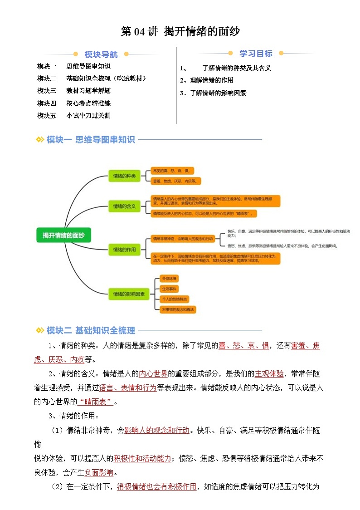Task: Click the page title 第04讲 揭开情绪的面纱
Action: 180,31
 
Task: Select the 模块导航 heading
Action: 101,54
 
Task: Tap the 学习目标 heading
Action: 256,54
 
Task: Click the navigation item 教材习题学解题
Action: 88,90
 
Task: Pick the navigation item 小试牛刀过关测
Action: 88,115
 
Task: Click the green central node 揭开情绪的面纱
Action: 64,235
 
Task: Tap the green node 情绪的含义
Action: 124,206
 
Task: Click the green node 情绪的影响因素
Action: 129,294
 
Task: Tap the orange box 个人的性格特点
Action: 174,299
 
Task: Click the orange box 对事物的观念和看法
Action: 178,309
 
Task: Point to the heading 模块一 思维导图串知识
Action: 91,140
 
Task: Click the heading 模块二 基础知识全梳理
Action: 91,330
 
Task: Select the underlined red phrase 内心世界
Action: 153,374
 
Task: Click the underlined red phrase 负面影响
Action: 99,473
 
